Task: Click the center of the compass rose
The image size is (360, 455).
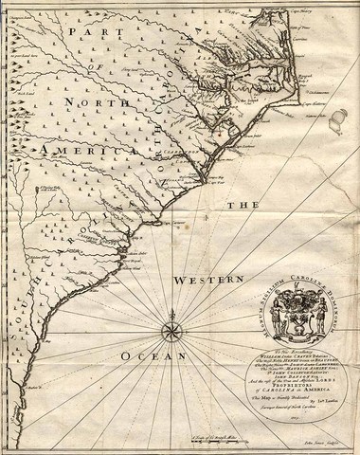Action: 172,332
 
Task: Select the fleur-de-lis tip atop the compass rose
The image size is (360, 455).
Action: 172,316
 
